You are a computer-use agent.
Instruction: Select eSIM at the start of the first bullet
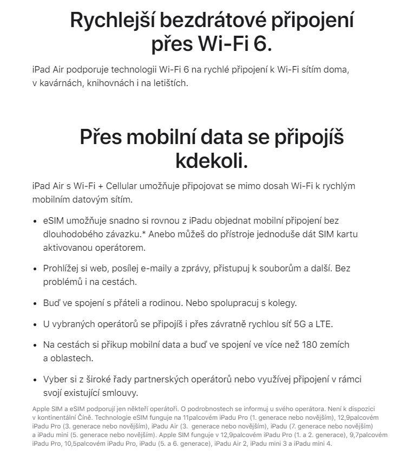54,221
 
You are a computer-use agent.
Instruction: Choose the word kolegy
279,303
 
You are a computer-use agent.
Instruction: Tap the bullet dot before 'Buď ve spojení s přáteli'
37,303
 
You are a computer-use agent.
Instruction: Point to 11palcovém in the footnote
201,418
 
